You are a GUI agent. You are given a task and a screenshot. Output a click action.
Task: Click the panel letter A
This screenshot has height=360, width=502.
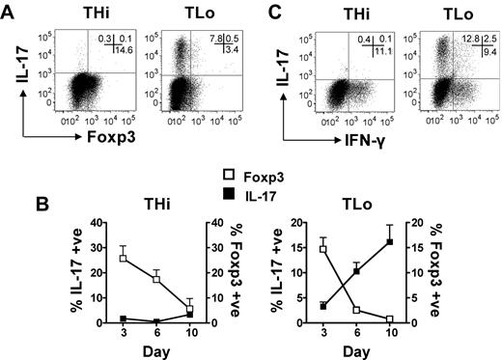[9, 10]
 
